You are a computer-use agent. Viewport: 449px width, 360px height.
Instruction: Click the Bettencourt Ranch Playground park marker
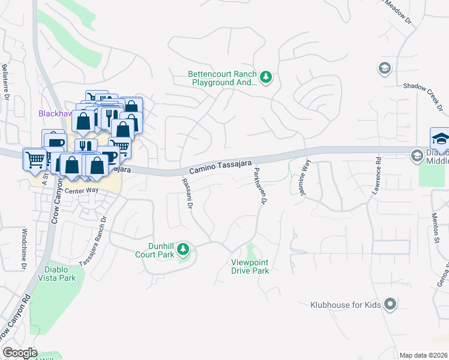click(x=266, y=76)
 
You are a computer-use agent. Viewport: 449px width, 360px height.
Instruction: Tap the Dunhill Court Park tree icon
click(x=184, y=248)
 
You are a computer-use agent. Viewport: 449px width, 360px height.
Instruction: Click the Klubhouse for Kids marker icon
click(x=390, y=304)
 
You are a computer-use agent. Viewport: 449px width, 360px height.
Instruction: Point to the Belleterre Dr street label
click(x=5, y=82)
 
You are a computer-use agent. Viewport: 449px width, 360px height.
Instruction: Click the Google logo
click(x=20, y=353)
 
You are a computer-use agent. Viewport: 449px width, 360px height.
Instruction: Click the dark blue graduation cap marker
click(x=440, y=139)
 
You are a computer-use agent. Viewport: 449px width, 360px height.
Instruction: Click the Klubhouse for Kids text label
click(x=346, y=305)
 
